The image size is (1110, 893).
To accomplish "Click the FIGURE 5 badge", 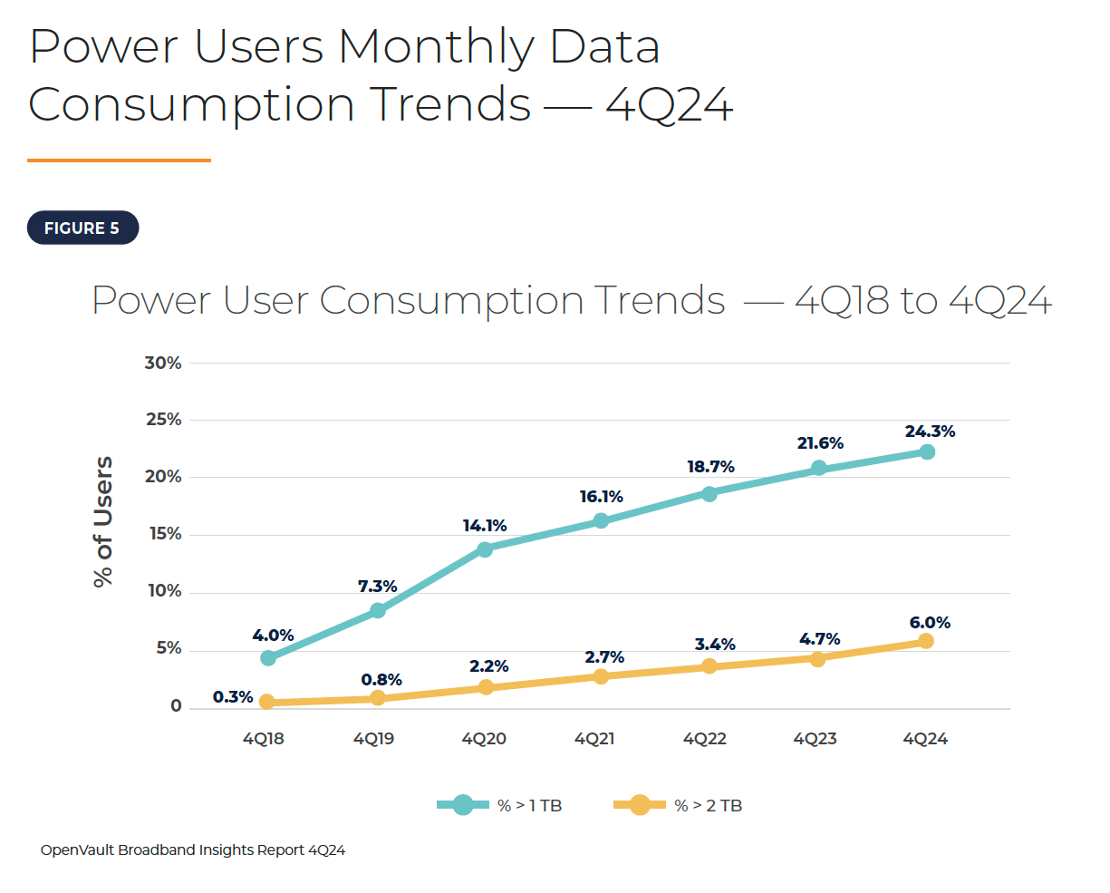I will [x=82, y=228].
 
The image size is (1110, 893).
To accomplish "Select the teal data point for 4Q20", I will [x=485, y=549].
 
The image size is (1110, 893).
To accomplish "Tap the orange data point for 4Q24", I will [x=925, y=641].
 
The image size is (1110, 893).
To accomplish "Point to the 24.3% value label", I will [x=930, y=432].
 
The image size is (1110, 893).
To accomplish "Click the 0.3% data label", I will [x=233, y=697].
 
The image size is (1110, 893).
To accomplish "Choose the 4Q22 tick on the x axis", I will [x=705, y=739].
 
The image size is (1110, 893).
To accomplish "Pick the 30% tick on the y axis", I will [x=163, y=363].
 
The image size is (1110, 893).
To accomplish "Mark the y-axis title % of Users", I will [x=103, y=521].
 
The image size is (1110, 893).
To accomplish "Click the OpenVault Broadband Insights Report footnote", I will [x=193, y=850].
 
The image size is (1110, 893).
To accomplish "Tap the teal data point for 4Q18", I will [x=268, y=658].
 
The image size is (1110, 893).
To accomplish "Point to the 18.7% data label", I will [x=710, y=467].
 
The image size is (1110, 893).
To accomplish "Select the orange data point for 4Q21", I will [x=601, y=676].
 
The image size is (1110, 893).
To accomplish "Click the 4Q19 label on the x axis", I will [x=373, y=739].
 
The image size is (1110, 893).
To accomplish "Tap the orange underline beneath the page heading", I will [x=119, y=160].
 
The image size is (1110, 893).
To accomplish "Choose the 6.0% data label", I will [x=930, y=623].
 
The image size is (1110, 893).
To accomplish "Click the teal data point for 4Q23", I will [x=818, y=468].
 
